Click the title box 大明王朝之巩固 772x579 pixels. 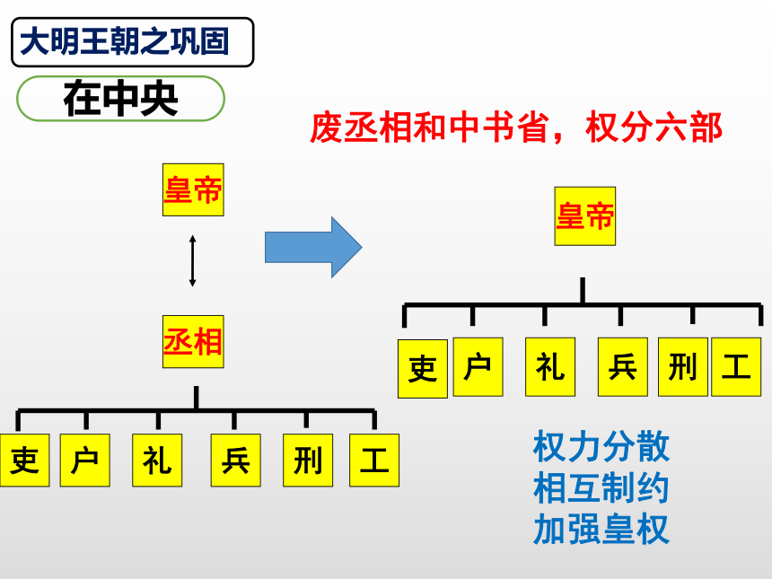tap(133, 42)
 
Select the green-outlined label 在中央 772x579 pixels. tap(120, 99)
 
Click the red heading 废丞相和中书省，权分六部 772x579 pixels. tap(515, 127)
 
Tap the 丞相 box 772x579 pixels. tap(193, 341)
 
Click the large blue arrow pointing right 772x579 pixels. tap(313, 247)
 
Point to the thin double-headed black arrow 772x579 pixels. tap(192, 261)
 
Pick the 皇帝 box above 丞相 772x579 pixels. tap(193, 189)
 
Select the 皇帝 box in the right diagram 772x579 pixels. tap(585, 216)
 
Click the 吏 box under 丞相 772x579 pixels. tap(24, 461)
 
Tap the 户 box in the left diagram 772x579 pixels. tap(84, 461)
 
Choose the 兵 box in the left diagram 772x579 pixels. tap(236, 461)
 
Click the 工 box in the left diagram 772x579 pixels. tap(374, 461)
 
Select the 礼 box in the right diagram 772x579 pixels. tap(550, 367)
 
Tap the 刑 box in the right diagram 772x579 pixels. tap(683, 367)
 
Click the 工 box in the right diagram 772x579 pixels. tap(736, 367)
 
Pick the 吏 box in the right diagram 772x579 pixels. tap(423, 369)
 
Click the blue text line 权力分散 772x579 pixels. tap(601, 446)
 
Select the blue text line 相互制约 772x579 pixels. tap(601, 488)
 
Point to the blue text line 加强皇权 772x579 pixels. tap(601, 530)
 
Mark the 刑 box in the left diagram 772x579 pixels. tap(308, 461)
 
